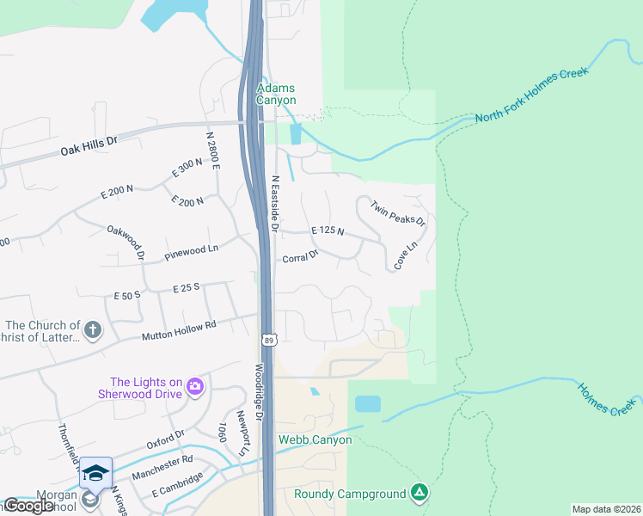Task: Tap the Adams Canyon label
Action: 277,94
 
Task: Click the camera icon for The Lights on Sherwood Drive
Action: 195,386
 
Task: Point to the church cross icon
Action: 93,329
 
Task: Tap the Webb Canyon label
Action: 315,439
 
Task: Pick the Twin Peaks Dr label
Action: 398,212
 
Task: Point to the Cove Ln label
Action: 405,256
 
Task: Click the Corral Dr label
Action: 300,255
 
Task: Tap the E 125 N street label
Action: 327,230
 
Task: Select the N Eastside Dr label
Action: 275,204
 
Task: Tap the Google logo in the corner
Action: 28,506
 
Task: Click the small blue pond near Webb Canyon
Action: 367,403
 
